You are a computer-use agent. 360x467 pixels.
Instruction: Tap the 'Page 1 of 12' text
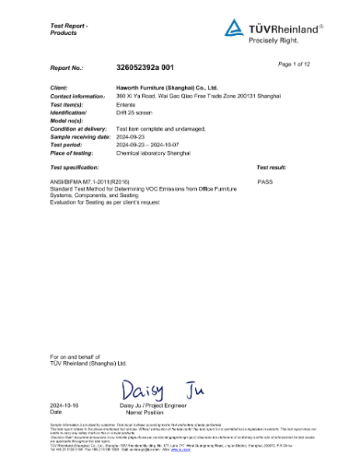pos(295,63)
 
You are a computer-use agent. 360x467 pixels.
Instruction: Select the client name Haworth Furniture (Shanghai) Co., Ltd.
pos(166,89)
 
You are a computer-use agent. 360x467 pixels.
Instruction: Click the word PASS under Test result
pos(264,180)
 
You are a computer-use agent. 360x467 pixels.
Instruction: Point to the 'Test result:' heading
pos(271,167)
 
